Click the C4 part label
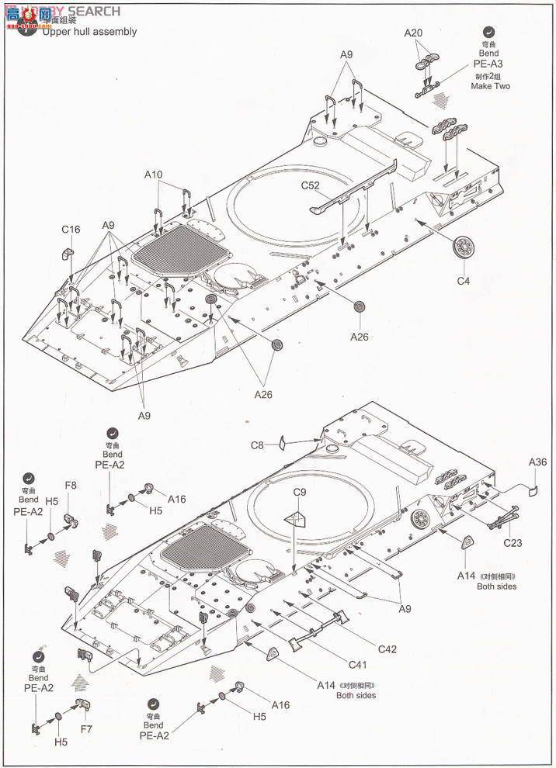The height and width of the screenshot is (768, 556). (463, 281)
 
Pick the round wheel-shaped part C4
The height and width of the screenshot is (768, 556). (464, 247)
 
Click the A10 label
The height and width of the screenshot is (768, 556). (153, 175)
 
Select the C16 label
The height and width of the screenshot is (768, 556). (71, 230)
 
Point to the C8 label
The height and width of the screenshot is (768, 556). (258, 445)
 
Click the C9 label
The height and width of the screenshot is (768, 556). (301, 492)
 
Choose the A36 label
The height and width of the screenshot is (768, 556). (537, 462)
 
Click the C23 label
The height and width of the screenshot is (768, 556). (512, 542)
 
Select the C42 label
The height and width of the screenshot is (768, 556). (387, 649)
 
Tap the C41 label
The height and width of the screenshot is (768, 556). (357, 665)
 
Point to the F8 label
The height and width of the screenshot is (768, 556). (71, 486)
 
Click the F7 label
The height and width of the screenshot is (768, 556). (85, 729)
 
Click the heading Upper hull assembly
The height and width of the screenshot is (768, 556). (89, 32)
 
